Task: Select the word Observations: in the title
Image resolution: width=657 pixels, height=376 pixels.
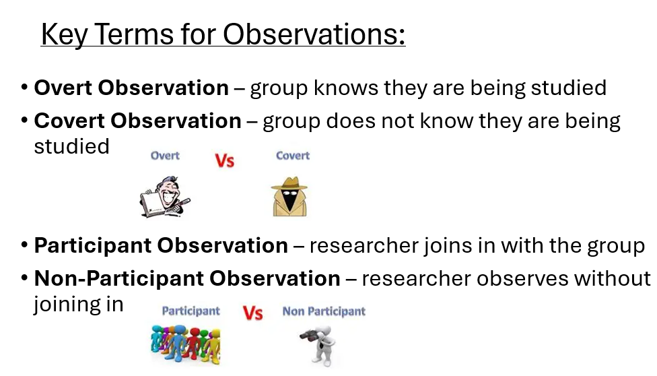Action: (x=314, y=34)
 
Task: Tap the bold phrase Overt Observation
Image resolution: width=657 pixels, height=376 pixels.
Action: (x=131, y=88)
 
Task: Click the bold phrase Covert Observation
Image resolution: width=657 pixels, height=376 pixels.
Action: (x=137, y=121)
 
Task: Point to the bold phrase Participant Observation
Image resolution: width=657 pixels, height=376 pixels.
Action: (x=161, y=245)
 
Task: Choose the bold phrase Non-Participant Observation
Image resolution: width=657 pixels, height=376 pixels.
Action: (x=187, y=278)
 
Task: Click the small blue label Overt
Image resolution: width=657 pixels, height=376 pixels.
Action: (x=165, y=156)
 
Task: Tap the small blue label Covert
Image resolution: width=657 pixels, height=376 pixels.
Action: (x=293, y=156)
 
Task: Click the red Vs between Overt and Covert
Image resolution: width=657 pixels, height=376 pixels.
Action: (x=225, y=161)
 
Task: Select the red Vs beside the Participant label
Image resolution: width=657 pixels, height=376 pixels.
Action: (x=252, y=313)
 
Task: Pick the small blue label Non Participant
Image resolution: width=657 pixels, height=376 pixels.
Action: (x=324, y=311)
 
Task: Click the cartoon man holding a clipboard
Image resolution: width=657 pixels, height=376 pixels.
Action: (x=165, y=196)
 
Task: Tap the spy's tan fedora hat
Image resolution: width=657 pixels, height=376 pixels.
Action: (x=289, y=184)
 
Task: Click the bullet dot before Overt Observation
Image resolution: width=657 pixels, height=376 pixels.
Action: (x=24, y=88)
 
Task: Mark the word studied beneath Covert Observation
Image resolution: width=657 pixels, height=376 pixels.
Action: (x=71, y=146)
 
